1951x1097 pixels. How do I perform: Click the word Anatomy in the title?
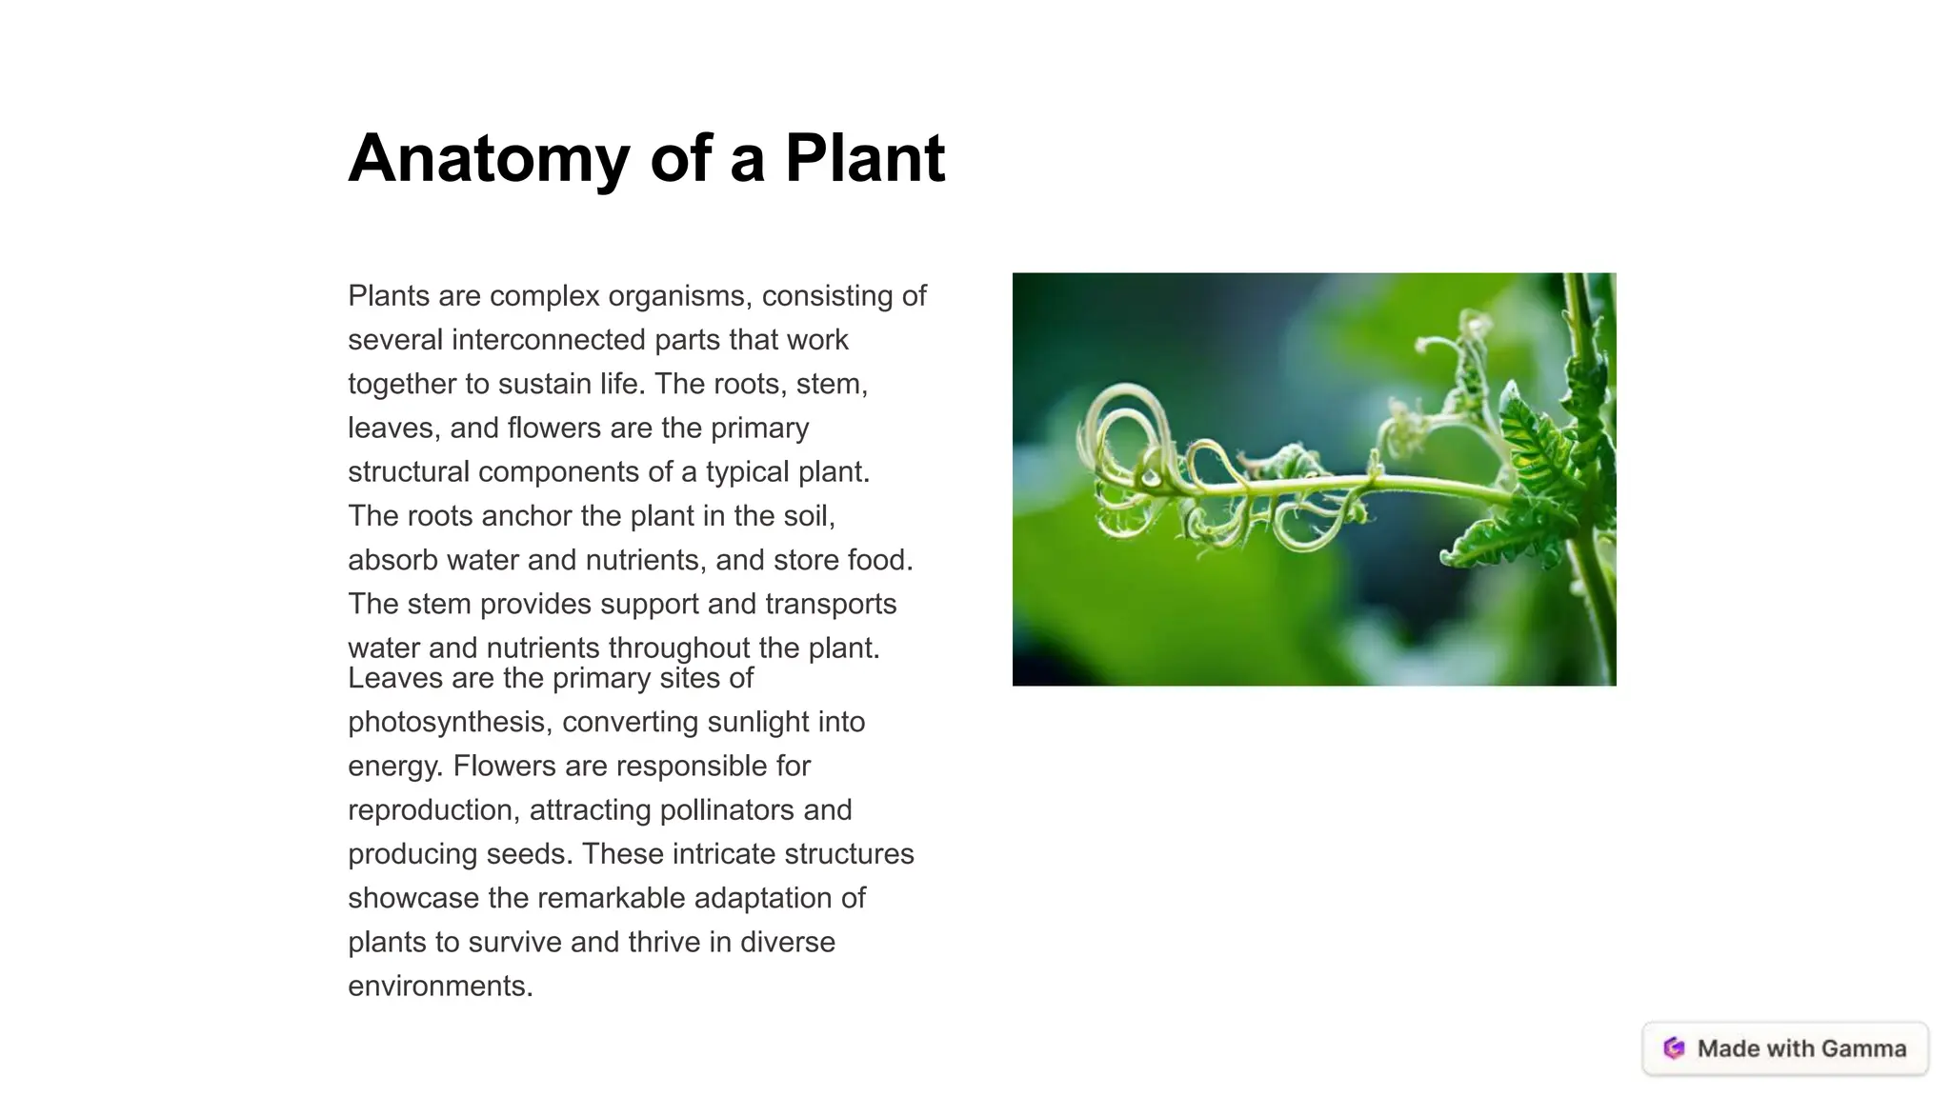pos(488,158)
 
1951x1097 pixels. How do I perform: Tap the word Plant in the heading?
pos(864,158)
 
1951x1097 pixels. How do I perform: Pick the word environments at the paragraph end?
pos(439,986)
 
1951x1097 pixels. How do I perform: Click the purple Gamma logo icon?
pos(1674,1048)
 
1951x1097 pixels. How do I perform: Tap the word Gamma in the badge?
pos(1863,1048)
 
